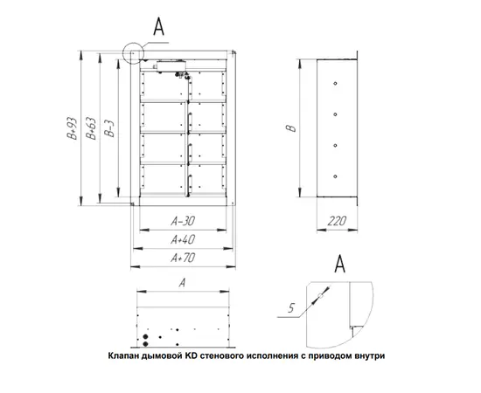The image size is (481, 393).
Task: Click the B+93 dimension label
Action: (x=73, y=128)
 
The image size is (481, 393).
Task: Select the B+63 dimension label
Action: (x=91, y=128)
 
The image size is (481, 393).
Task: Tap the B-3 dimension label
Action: (x=109, y=128)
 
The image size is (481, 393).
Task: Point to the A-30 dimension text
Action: (x=183, y=221)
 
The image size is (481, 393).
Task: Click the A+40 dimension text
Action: (x=183, y=239)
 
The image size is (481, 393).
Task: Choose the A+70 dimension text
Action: (x=183, y=258)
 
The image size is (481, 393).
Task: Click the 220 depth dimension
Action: (x=337, y=221)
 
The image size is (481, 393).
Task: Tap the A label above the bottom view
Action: (x=183, y=283)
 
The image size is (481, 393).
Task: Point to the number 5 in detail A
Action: (x=291, y=307)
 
